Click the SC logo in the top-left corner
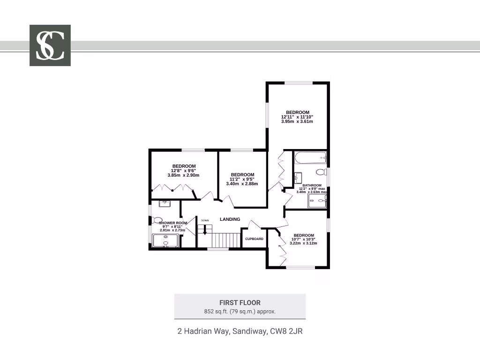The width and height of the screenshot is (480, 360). [50, 45]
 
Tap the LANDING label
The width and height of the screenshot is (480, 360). [230, 219]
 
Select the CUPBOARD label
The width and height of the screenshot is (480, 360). [254, 239]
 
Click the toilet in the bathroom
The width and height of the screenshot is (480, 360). [321, 172]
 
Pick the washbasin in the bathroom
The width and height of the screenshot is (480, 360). [298, 178]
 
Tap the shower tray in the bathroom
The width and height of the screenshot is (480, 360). [317, 201]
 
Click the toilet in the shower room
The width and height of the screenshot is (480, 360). [157, 220]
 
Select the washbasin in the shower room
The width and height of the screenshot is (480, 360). [165, 203]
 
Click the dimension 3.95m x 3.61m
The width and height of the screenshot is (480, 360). [297, 121]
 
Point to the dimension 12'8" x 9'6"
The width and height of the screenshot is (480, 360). [183, 171]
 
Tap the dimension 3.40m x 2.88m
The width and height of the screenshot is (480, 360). [242, 184]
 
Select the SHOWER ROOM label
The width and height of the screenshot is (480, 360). [173, 223]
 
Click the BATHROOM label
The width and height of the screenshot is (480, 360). [312, 185]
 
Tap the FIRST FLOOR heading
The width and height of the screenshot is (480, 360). [240, 303]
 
